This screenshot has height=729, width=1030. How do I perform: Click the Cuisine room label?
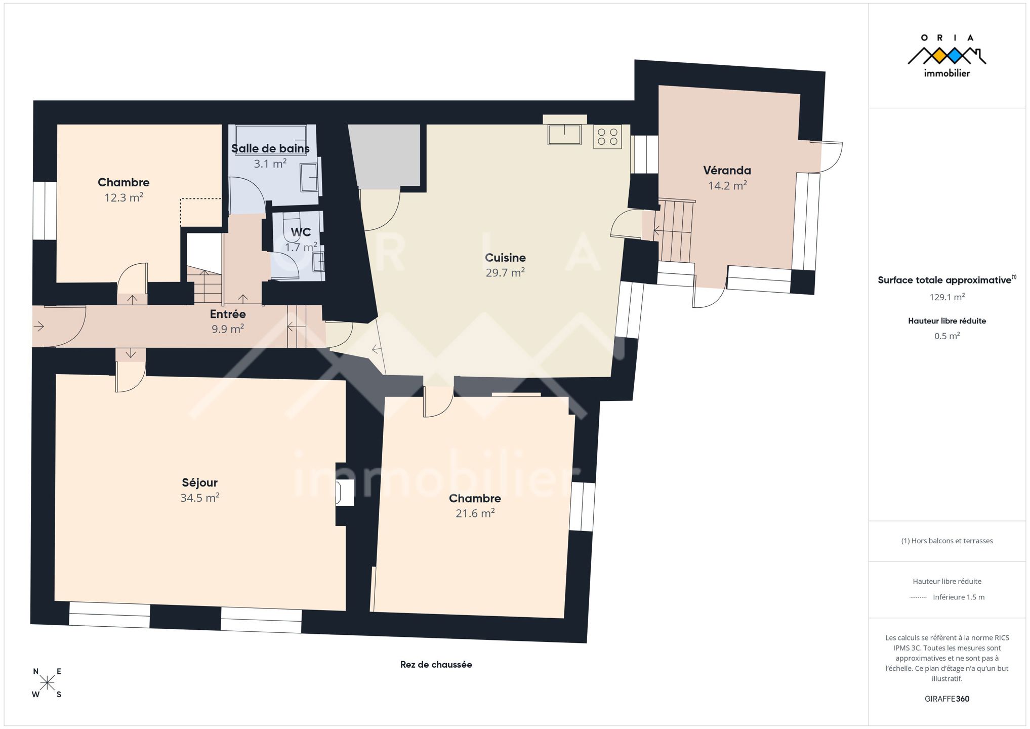[505, 258]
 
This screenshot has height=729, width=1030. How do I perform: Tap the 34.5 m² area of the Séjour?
[200, 498]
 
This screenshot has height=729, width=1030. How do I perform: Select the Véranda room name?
[727, 171]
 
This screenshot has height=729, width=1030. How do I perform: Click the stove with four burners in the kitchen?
[607, 137]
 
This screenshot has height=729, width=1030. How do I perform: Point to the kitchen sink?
[564, 135]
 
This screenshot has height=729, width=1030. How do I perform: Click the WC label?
[301, 232]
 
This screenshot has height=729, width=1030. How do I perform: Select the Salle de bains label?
[270, 148]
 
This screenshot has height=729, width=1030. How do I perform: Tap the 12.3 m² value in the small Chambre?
[123, 197]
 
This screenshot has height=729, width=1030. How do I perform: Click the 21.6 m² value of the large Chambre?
[475, 513]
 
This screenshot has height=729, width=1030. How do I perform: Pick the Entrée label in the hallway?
[228, 314]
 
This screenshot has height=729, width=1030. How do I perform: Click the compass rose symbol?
[47, 683]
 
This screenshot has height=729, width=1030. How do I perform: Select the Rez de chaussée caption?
[436, 665]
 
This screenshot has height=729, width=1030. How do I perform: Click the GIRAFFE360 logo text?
[947, 699]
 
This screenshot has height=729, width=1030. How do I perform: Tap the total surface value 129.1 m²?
[947, 297]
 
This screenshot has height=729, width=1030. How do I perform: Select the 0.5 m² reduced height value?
[947, 336]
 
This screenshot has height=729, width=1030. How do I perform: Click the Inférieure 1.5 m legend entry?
[959, 597]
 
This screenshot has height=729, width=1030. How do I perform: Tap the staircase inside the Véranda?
[676, 231]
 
